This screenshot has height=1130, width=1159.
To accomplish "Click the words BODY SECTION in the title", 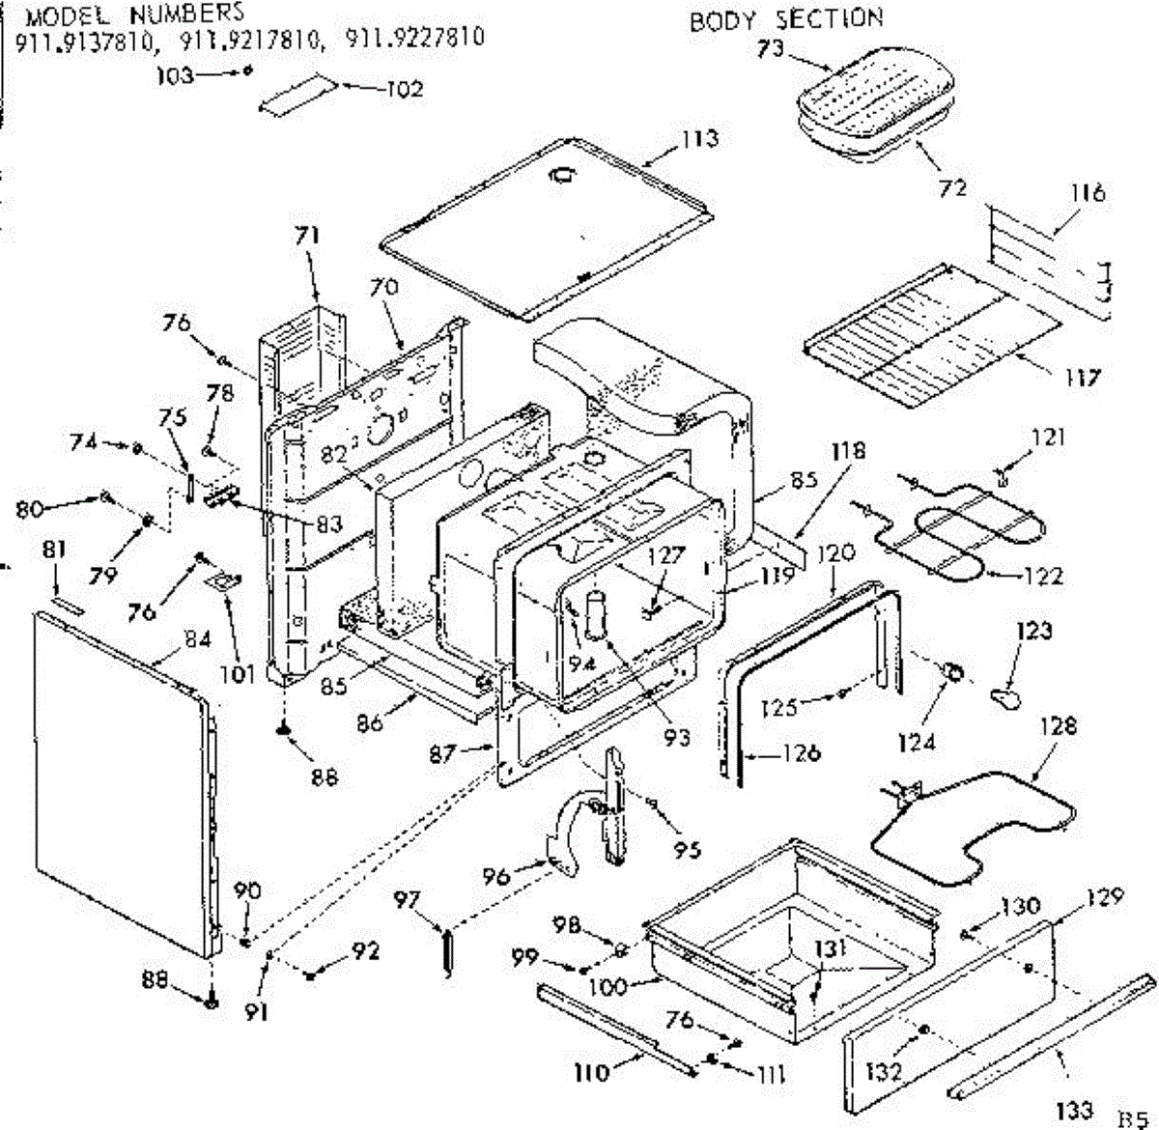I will click(785, 19).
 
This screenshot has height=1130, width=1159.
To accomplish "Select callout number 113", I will click(699, 138).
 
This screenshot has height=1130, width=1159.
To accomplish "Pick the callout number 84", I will click(198, 639).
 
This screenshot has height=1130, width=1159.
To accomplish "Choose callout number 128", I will click(1059, 725).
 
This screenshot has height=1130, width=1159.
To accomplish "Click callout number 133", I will click(1075, 1111).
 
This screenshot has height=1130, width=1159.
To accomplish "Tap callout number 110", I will click(592, 1072).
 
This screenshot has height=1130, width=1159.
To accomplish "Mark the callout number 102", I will click(405, 90).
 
